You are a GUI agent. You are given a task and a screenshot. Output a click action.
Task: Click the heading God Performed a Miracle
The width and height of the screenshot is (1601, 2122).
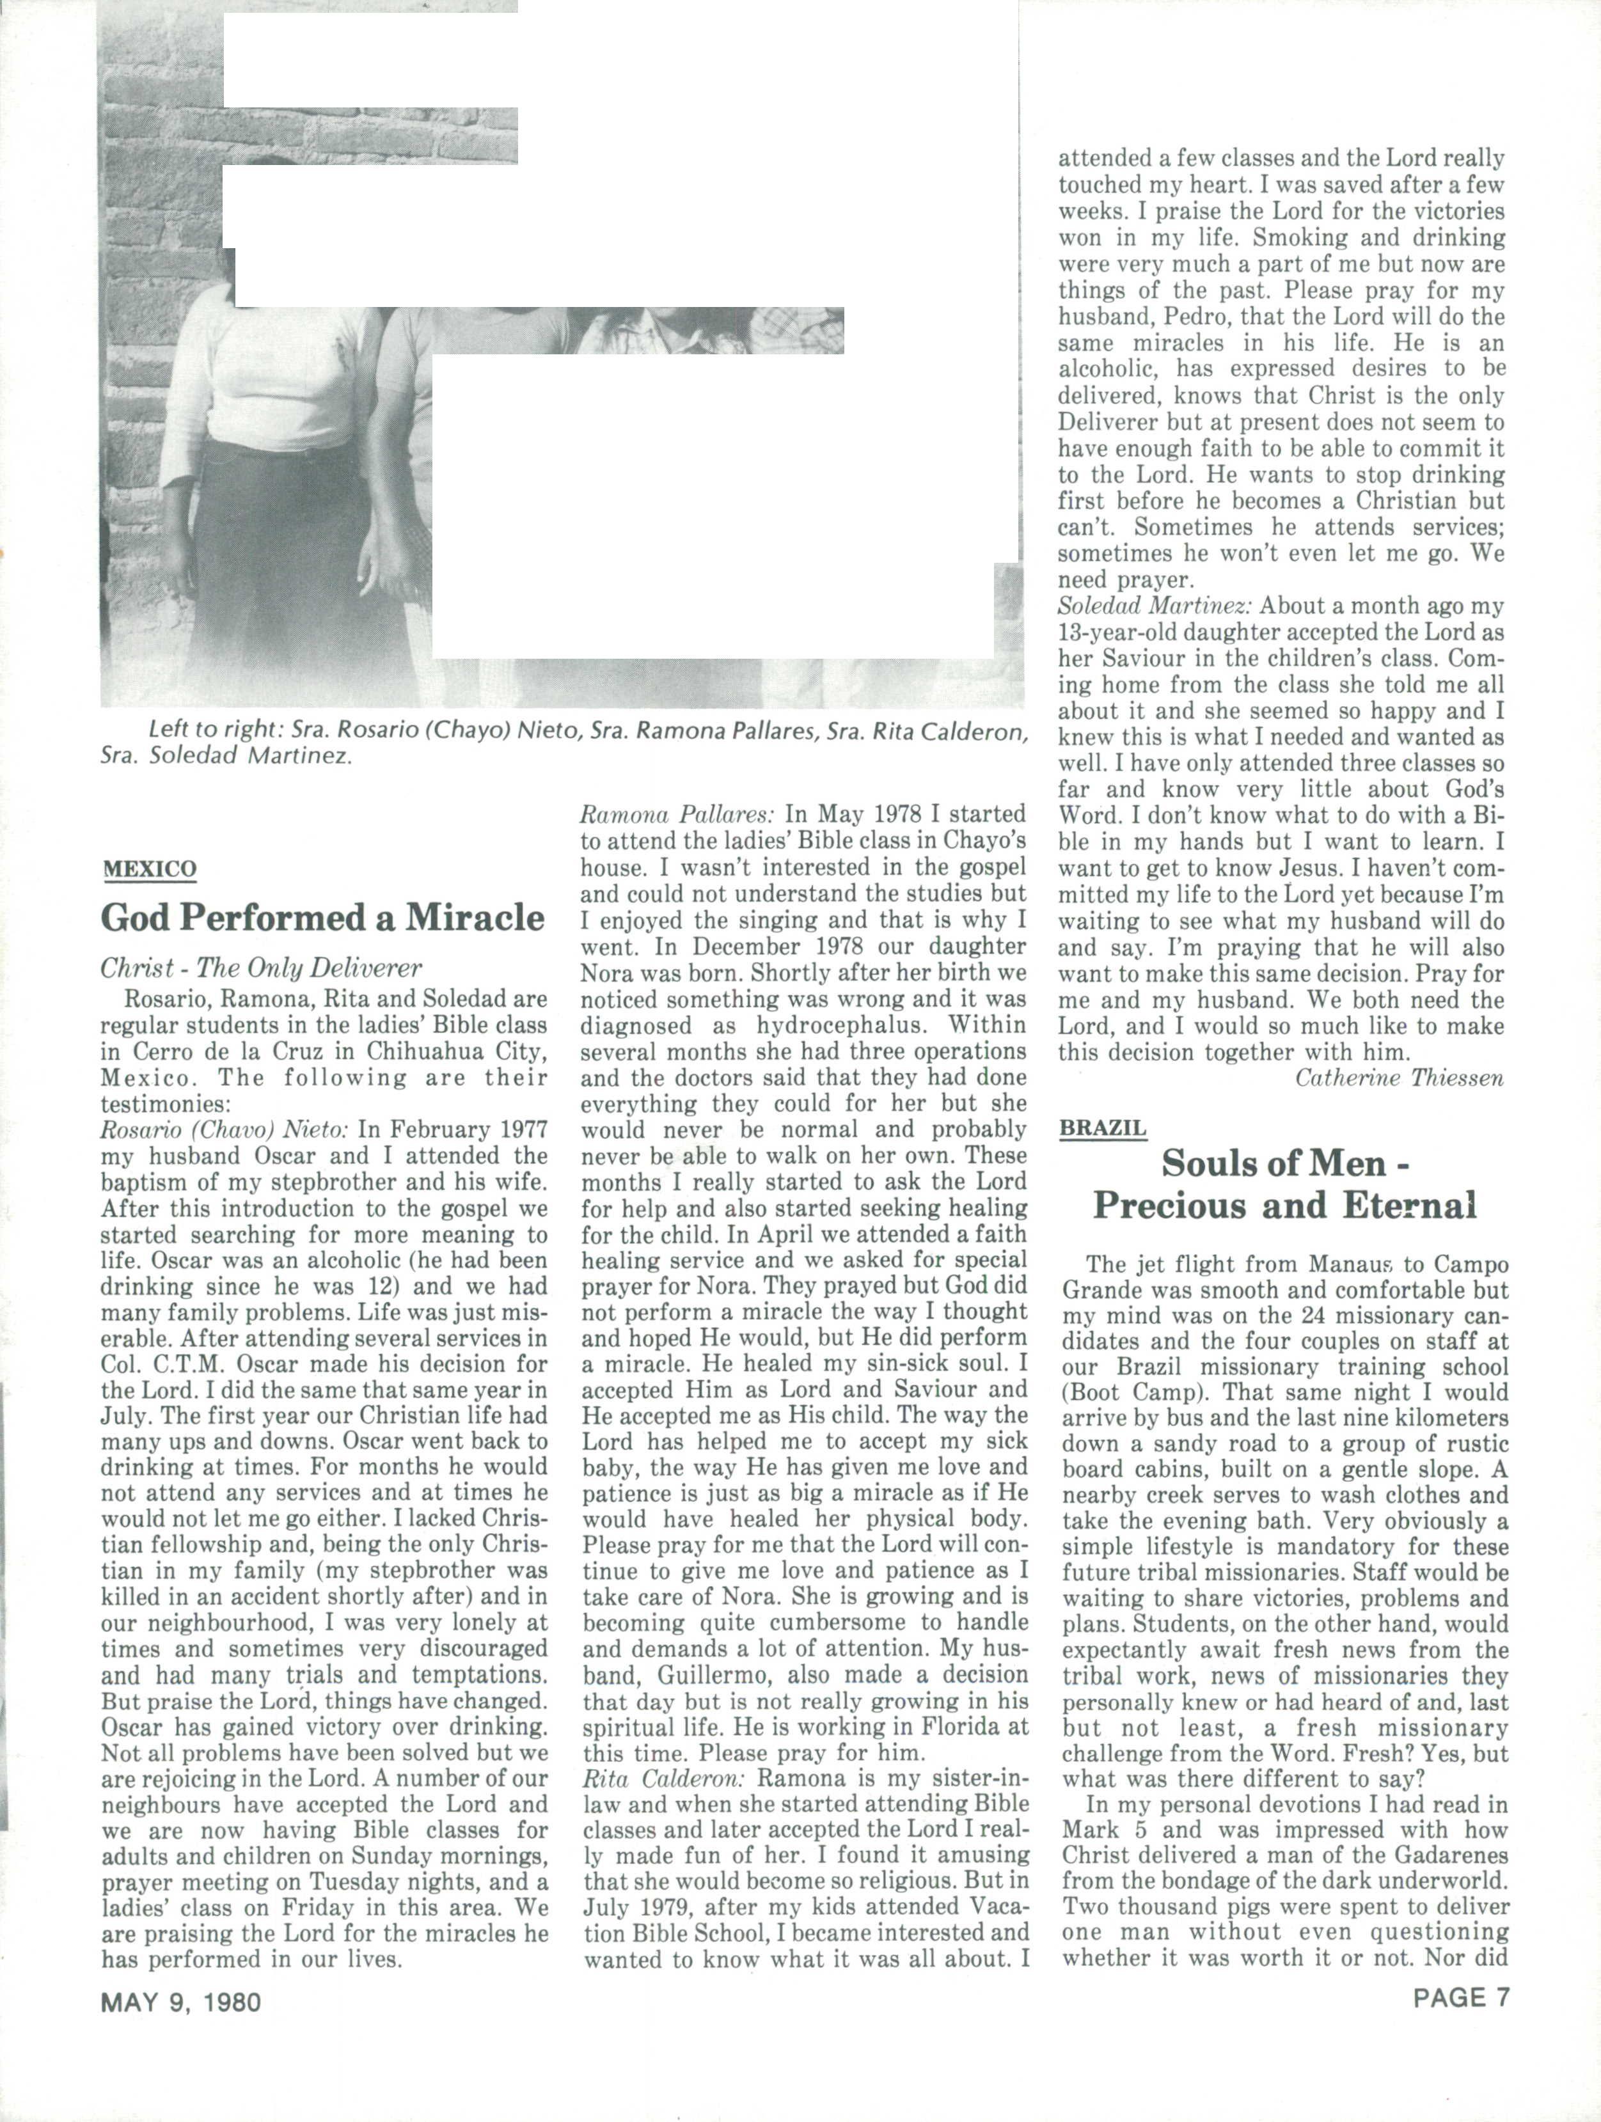coord(322,918)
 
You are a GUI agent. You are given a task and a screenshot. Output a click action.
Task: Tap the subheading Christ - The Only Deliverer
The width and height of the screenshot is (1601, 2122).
coord(261,968)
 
